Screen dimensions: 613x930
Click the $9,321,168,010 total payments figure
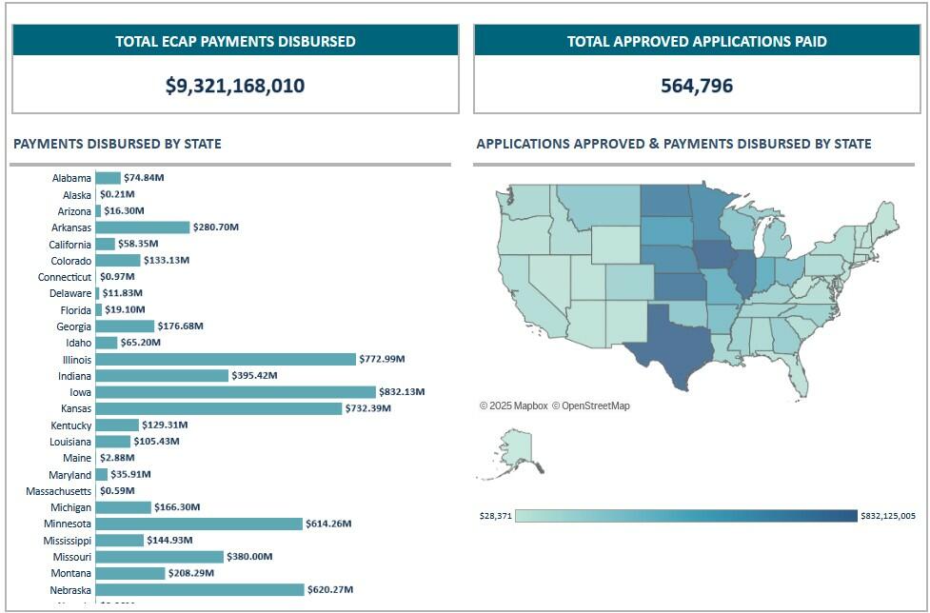coord(235,86)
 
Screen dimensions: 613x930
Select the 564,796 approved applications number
coord(697,86)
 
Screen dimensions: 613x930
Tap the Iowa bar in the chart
coord(235,392)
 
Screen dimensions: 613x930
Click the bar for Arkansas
coord(143,227)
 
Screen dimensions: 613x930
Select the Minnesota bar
coord(198,524)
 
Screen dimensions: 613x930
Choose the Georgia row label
coord(73,326)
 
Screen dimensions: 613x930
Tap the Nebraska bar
coord(199,589)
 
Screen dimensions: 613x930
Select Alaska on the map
coord(515,453)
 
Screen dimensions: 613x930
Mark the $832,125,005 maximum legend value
coord(888,516)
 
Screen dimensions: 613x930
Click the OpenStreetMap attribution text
coord(595,406)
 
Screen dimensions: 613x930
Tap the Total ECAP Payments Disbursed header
coord(235,42)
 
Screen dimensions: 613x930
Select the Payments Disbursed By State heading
coord(117,145)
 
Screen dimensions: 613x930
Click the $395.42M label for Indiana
coord(254,376)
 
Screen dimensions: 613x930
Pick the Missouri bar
coord(159,557)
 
